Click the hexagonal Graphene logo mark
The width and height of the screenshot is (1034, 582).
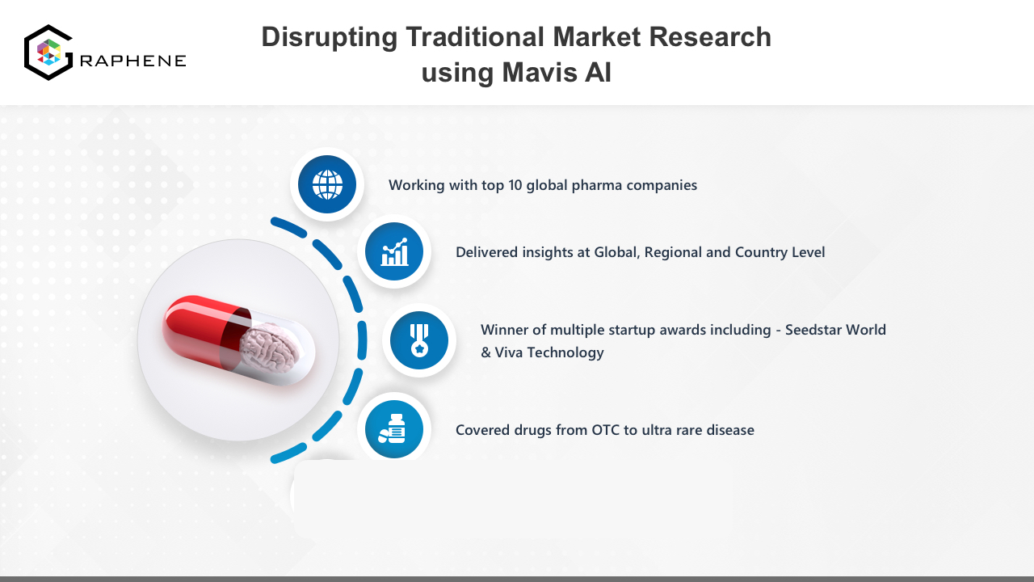coord(48,53)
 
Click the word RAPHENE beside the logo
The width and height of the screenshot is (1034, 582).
coord(133,61)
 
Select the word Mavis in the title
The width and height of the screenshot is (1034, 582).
coord(540,73)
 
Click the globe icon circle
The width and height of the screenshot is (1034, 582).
coord(327,184)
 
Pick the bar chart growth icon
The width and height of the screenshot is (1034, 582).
coord(393,251)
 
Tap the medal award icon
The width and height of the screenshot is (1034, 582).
coord(419,340)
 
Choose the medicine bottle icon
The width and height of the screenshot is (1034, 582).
coord(393,429)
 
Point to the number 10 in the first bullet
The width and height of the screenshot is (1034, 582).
coord(515,185)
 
